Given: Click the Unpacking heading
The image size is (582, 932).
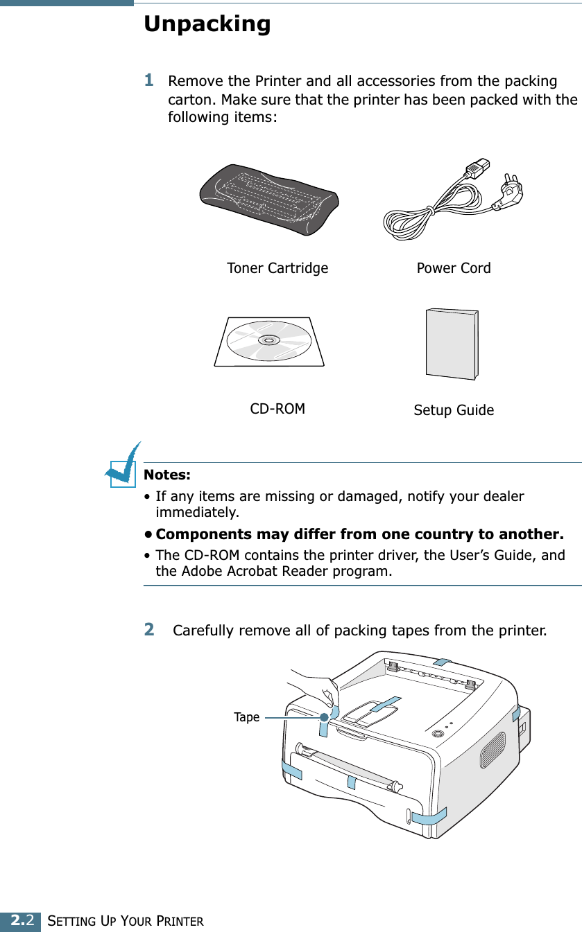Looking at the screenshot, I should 207,25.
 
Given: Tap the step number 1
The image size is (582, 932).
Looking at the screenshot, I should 148,80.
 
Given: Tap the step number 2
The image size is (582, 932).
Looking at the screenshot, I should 148,630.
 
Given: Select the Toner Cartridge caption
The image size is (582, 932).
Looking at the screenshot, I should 277,268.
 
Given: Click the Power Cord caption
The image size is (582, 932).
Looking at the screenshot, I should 453,268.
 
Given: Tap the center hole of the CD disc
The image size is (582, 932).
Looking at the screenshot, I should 268,340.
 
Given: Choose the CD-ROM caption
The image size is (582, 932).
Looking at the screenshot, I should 277,409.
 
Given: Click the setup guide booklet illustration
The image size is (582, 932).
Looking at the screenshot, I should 451,344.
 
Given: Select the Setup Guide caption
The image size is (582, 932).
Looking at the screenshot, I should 454,410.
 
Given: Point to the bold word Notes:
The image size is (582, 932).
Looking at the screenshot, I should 166,475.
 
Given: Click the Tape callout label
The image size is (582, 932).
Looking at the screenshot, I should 246,717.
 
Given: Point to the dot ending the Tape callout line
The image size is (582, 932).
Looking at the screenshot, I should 324,718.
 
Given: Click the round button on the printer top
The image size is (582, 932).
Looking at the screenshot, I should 437,734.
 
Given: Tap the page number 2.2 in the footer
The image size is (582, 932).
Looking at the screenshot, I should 20,921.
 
